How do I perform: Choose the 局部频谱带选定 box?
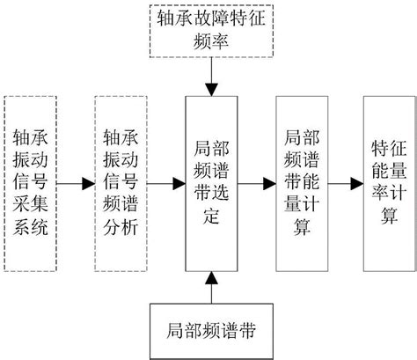point(210,183)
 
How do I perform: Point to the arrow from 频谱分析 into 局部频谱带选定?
point(167,184)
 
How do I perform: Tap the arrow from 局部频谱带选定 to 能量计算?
point(255,184)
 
